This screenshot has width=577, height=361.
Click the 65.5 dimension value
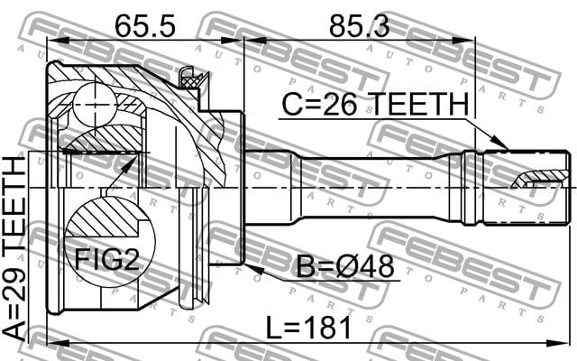tap(144, 26)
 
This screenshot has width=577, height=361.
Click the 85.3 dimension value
tap(359, 26)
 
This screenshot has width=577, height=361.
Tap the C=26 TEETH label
tap(375, 105)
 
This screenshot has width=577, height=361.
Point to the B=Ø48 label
tap(345, 266)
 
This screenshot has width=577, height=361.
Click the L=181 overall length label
tap(308, 329)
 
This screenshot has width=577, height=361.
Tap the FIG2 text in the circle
tap(107, 260)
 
